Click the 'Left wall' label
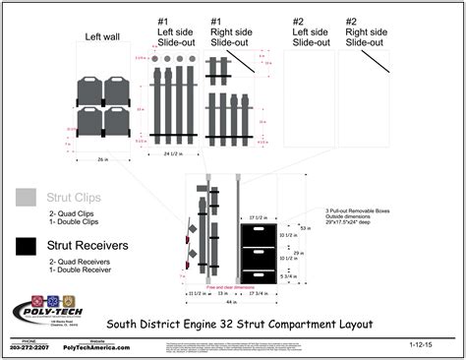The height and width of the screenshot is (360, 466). click(x=101, y=37)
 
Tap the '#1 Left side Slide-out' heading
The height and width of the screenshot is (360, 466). click(x=177, y=31)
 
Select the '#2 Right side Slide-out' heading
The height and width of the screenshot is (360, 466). click(x=365, y=31)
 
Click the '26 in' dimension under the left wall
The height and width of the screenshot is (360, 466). click(x=102, y=159)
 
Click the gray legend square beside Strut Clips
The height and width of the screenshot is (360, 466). click(x=25, y=197)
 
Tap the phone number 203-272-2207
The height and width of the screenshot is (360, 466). click(x=29, y=348)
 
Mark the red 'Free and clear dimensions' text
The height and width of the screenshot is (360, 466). click(x=231, y=285)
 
